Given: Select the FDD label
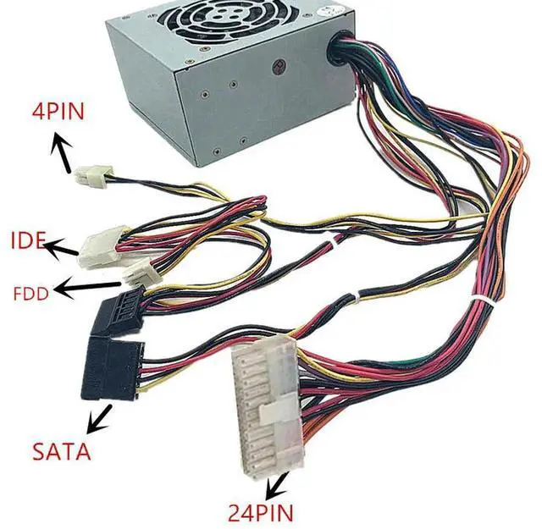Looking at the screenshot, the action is [30, 294].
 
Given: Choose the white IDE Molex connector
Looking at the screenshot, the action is [102, 245].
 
